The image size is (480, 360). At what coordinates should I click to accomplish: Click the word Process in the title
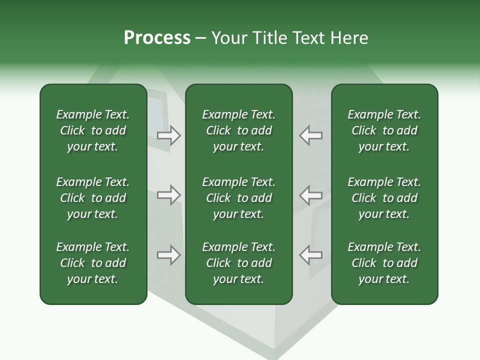157,38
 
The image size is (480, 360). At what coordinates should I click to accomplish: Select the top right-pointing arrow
169,135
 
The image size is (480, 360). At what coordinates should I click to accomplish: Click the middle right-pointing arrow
169,194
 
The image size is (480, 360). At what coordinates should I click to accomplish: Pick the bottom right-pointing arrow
169,255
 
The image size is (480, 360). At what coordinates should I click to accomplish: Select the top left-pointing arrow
310,135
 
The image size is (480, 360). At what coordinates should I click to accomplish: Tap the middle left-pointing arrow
310,194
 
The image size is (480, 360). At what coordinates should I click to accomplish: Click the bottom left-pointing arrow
310,255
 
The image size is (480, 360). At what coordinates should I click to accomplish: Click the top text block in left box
93,130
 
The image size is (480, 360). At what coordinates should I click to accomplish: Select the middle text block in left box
93,198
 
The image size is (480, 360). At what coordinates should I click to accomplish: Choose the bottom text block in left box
93,263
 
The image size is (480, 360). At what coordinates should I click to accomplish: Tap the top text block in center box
238,130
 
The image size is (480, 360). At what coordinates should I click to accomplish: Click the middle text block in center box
238,198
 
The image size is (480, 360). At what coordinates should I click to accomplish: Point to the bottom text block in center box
238,263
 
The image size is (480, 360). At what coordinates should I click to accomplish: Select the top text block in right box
384,130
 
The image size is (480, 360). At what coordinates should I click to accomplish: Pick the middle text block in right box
384,198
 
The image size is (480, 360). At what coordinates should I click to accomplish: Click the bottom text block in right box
384,263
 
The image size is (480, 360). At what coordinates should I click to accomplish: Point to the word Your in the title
228,38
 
